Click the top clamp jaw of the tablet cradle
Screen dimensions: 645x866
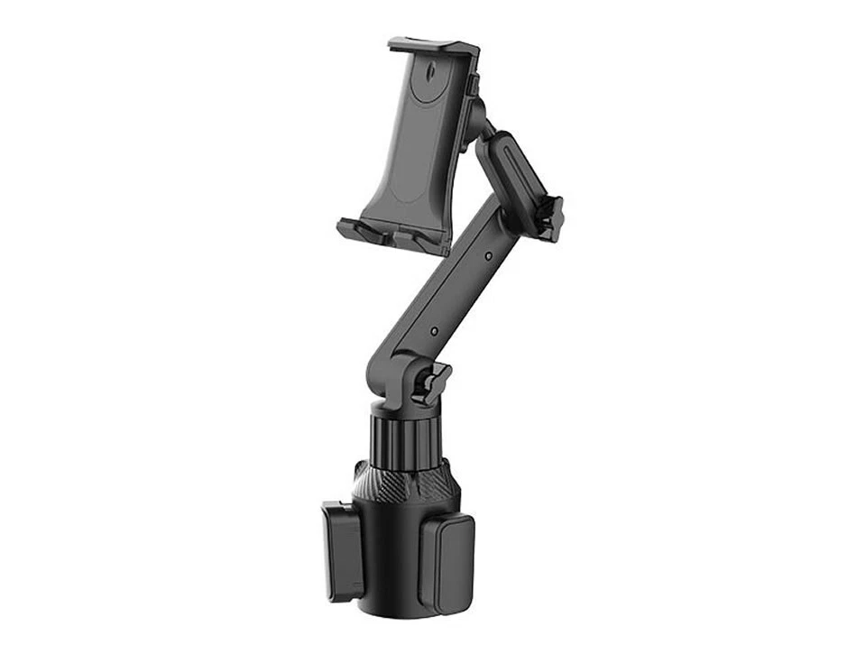434,46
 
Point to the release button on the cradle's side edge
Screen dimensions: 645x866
473,86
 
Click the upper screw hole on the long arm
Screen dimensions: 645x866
487,257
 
